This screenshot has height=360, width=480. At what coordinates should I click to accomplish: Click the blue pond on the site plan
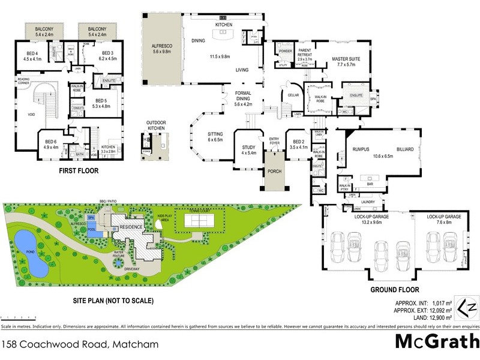click(30, 251)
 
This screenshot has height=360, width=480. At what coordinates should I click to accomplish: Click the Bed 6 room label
click(50, 142)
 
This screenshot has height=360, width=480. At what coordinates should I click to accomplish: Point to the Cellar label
click(293, 95)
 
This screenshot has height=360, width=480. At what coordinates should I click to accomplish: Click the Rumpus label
click(361, 149)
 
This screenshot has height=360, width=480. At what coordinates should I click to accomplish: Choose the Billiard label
click(405, 149)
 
